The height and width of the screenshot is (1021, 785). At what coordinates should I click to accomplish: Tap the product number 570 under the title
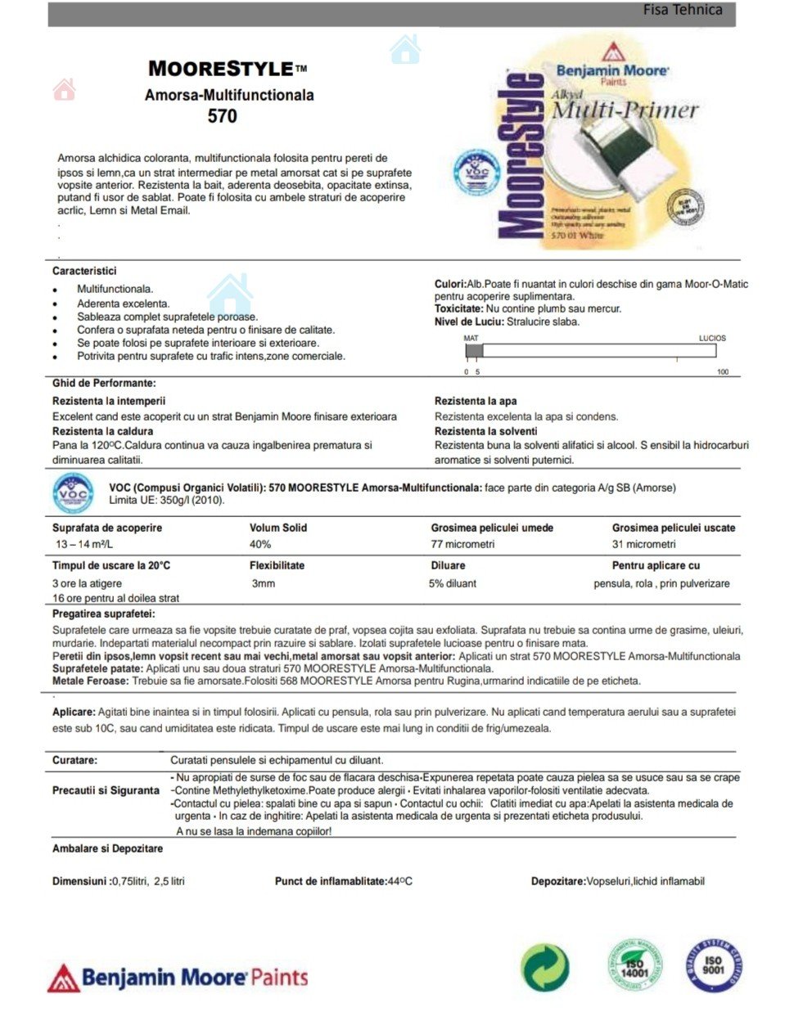tap(222, 116)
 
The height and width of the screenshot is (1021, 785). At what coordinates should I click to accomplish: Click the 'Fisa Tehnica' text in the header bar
tap(682, 11)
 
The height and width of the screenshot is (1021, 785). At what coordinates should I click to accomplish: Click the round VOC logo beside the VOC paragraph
tap(74, 493)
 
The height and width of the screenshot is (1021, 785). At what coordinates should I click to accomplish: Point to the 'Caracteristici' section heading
tap(84, 271)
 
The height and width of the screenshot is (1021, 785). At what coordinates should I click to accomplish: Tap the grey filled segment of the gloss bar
tap(474, 351)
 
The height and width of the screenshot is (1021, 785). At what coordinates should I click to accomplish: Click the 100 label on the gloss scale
tap(723, 372)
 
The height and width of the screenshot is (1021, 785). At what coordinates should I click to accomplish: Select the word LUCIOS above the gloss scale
tap(712, 338)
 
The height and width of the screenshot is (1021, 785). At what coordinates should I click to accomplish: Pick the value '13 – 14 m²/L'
tap(84, 544)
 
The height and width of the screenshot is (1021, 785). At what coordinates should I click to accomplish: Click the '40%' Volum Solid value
tap(260, 544)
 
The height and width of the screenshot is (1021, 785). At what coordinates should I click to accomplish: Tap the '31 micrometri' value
tap(643, 544)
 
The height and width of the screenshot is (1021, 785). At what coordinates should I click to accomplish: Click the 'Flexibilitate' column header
tap(277, 565)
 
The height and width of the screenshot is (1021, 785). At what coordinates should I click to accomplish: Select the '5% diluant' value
tap(452, 583)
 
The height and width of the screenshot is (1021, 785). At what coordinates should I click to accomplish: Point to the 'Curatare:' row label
tap(74, 760)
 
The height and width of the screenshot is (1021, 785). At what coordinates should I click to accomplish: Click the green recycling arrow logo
tap(545, 967)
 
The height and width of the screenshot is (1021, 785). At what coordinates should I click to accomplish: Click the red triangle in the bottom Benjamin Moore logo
tap(63, 978)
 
